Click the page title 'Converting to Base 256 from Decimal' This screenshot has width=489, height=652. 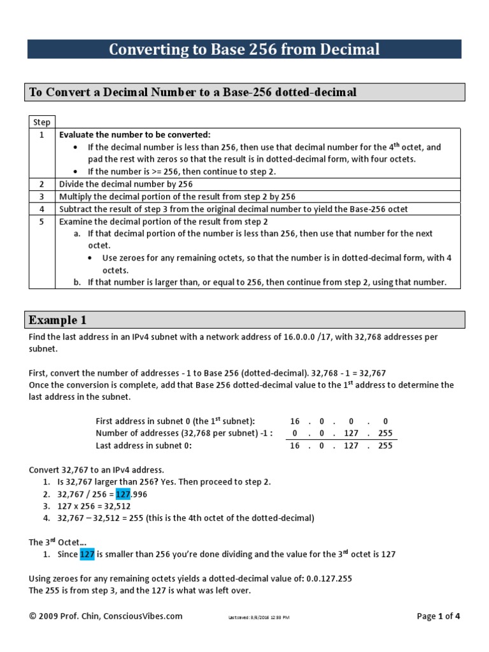(244, 49)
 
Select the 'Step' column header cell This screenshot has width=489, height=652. (41, 122)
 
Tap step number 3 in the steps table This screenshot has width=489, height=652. (41, 196)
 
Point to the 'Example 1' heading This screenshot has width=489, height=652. (57, 320)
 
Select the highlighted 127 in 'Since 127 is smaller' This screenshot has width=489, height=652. (87, 554)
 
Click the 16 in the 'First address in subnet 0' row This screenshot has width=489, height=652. (294, 422)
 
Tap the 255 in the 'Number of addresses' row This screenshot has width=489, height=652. (386, 434)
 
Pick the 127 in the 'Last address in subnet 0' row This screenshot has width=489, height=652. (355, 446)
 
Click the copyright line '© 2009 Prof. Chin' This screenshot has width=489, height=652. (106, 616)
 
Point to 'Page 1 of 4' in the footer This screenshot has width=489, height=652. (438, 616)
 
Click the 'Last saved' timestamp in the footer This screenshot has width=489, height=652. (259, 617)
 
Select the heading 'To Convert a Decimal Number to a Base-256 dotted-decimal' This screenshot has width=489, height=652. (192, 93)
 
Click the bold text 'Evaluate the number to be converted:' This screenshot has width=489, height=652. (134, 134)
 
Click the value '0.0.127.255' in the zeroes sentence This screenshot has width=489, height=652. (327, 578)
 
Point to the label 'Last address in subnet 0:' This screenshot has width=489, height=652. (143, 446)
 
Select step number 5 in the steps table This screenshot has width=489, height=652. (41, 221)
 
